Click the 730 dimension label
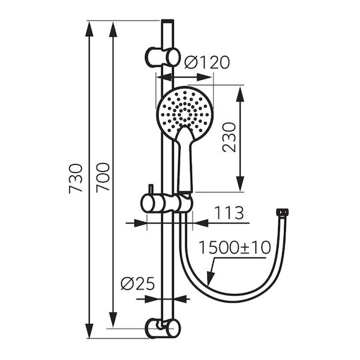[x=76, y=179]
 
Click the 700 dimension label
[x=103, y=177]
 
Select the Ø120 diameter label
[x=207, y=62]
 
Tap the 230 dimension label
[x=229, y=137]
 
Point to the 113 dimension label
[x=229, y=213]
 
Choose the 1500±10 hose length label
[x=235, y=247]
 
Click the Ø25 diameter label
[x=138, y=284]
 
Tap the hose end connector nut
[x=282, y=212]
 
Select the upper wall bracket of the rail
[x=162, y=57]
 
